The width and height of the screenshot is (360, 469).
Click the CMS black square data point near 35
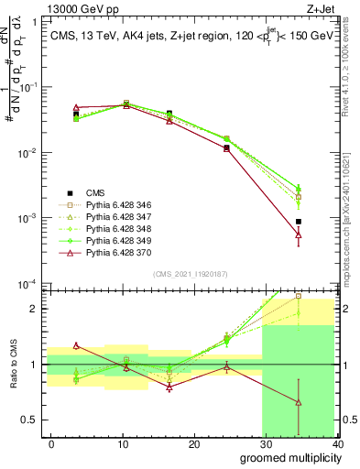299,222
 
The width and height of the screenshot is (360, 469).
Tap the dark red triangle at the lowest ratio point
299,402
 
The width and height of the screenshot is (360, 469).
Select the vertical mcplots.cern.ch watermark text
350,229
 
